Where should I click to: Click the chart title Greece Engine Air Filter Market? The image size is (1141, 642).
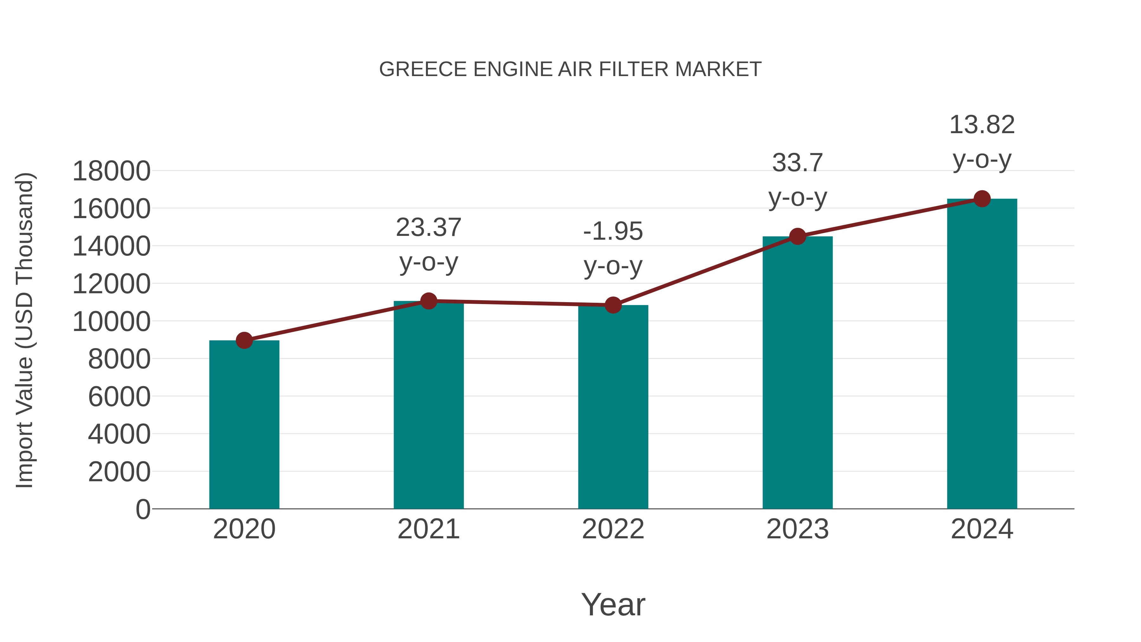pos(570,69)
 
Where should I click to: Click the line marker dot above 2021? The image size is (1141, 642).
pos(428,301)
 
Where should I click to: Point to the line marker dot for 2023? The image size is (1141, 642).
pos(797,237)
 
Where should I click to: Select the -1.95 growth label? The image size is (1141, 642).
pos(613,231)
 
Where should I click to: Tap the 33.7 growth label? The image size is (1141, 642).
pos(797,163)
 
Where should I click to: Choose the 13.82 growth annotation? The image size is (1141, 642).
pos(982,125)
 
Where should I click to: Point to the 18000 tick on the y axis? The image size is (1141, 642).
pos(111,171)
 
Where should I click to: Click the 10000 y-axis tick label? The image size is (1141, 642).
pos(111,322)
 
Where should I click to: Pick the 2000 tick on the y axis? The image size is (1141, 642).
pos(119,472)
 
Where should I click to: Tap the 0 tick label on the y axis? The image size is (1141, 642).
pos(143,509)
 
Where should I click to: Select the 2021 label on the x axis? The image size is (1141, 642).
pos(428,529)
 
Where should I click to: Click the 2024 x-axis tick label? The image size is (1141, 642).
pos(982,529)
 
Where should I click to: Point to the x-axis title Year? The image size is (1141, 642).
pos(613,604)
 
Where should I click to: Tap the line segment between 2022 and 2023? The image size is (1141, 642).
pos(705,271)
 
